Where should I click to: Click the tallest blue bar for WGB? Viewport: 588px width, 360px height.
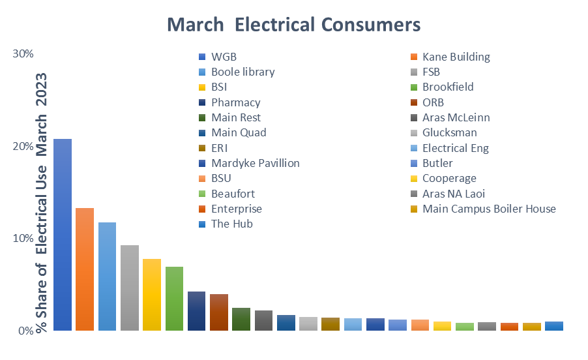point(63,235)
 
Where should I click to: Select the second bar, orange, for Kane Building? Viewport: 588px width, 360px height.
point(85,269)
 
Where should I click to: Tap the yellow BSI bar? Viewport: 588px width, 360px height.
point(152,294)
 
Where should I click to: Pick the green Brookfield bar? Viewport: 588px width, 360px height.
point(174,298)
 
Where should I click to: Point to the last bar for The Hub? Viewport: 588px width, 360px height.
point(554,326)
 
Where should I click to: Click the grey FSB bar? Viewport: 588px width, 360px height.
point(130,288)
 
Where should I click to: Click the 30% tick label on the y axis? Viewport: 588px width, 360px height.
point(23,53)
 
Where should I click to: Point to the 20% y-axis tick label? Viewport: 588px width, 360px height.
point(23,146)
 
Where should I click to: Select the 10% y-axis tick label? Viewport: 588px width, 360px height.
point(23,238)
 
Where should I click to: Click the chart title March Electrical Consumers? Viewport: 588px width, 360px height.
point(294,25)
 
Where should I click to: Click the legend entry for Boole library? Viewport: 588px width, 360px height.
point(243,72)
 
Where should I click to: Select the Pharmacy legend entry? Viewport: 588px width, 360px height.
point(235,102)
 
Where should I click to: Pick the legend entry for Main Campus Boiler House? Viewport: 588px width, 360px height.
point(489,209)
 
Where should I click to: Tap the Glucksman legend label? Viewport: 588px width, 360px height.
point(448,132)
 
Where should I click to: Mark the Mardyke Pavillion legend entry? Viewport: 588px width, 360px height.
point(255,163)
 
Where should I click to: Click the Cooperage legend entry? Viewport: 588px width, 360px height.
point(449,178)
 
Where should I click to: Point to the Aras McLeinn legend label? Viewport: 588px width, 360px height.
point(456,117)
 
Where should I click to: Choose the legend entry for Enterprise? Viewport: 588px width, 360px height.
point(236,209)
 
